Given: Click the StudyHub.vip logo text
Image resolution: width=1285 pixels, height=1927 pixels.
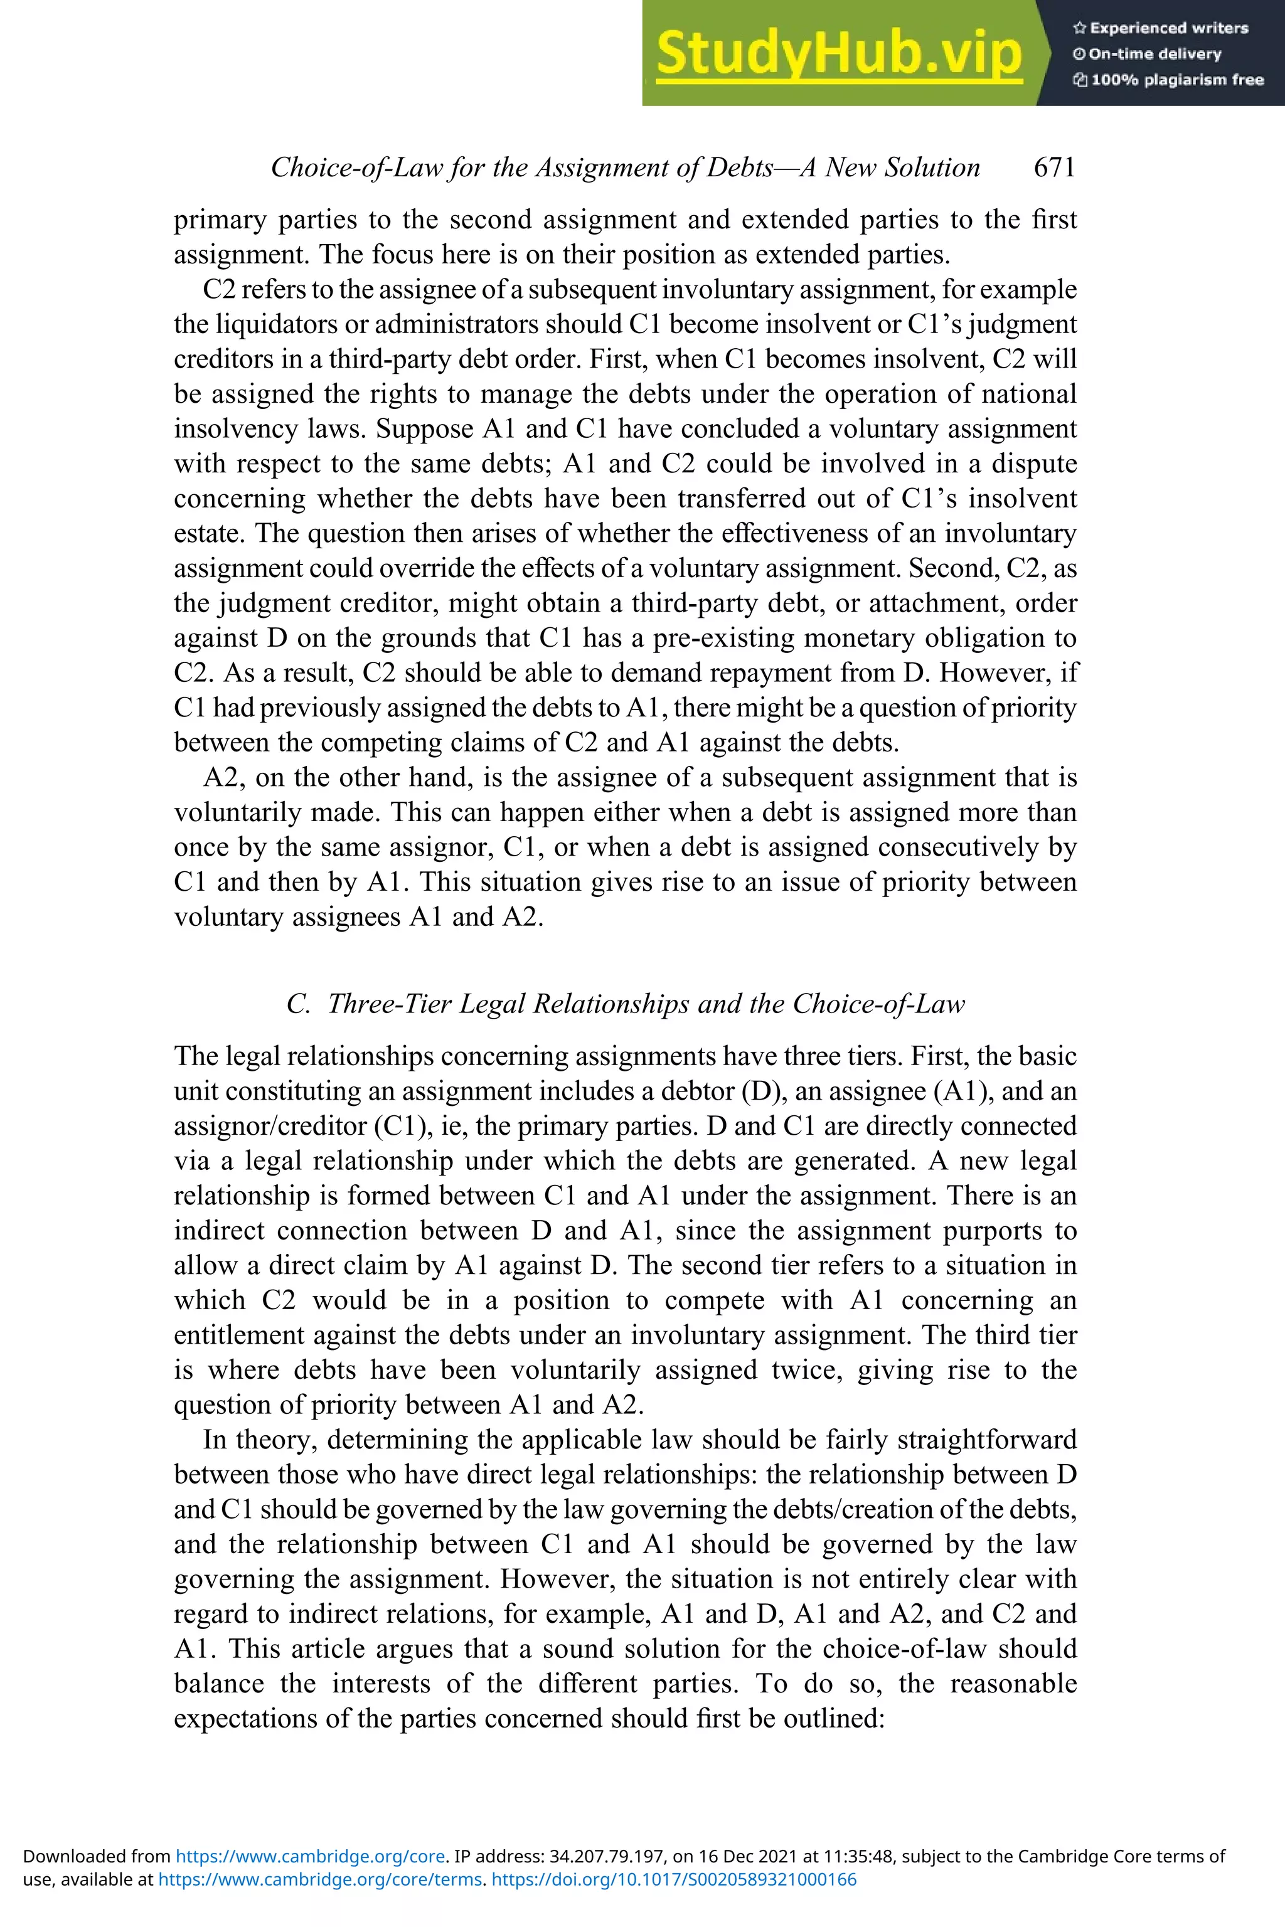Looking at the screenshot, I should click(838, 53).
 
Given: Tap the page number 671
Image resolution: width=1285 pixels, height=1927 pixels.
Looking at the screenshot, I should click(1054, 167).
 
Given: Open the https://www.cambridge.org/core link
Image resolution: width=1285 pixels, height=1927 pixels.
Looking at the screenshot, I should click(311, 1855).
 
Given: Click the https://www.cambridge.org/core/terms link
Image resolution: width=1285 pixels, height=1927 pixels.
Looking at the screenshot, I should click(319, 1879).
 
